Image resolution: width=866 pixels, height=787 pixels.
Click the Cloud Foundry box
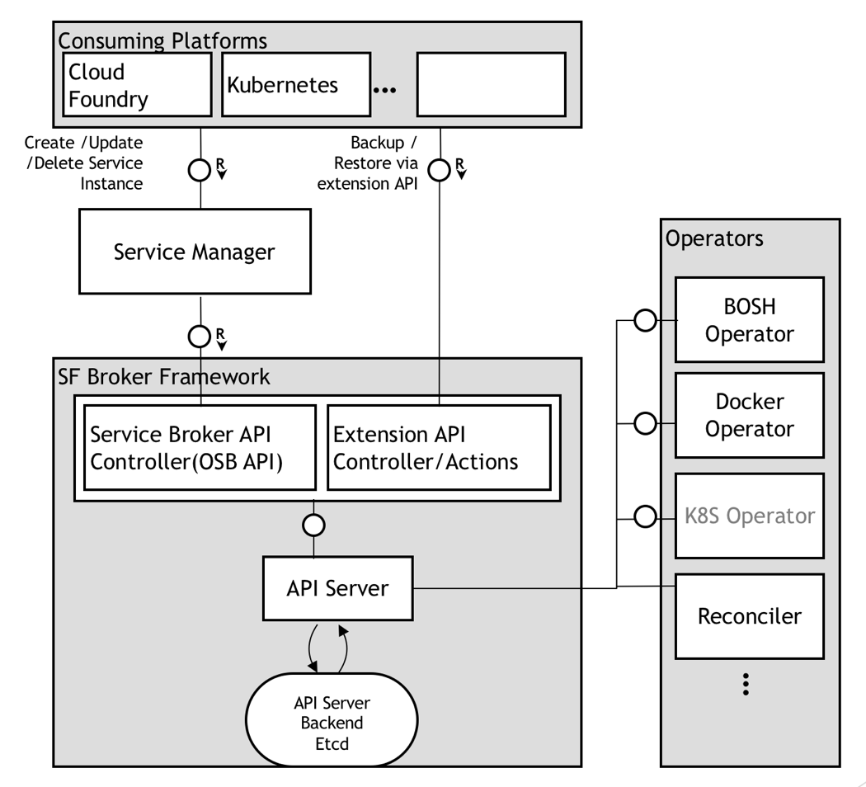[x=137, y=85]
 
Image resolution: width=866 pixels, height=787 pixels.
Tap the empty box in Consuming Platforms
[x=491, y=85]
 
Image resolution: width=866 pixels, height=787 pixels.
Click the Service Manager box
[x=195, y=252]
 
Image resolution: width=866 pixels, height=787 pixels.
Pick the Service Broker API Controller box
[x=200, y=448]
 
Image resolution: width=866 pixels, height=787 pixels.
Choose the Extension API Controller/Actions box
[x=439, y=448]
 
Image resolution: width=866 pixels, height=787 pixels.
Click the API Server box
[x=337, y=588]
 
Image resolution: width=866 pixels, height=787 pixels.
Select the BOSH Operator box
[x=749, y=319]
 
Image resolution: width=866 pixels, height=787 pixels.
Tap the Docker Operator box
[x=749, y=415]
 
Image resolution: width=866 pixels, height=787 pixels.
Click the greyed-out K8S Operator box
[x=749, y=516]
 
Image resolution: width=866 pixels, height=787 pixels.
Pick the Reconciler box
[x=749, y=615]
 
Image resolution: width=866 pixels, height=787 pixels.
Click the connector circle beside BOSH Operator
[x=645, y=320]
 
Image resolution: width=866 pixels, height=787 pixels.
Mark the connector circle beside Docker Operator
[x=645, y=424]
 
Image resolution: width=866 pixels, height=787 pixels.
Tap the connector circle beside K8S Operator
[x=645, y=517]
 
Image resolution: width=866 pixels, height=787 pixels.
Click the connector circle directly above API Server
[x=313, y=525]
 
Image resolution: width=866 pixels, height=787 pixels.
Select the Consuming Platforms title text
[x=162, y=40]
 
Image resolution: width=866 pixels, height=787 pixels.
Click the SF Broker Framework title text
[x=163, y=376]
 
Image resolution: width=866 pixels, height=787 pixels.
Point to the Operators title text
[x=714, y=238]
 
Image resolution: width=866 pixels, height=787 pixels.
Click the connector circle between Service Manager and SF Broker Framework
[x=199, y=336]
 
